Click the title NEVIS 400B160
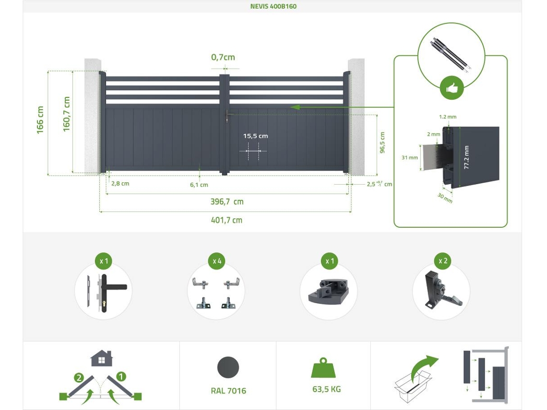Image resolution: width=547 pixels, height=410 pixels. click(273, 6)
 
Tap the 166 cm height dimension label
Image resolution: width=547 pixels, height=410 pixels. click(40, 120)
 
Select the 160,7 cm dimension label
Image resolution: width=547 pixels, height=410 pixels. click(66, 114)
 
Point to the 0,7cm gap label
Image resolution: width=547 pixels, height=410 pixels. click(223, 57)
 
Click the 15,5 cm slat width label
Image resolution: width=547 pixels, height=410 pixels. click(255, 136)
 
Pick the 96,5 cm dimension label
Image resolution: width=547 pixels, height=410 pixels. click(382, 142)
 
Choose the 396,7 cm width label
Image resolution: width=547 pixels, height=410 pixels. click(227, 201)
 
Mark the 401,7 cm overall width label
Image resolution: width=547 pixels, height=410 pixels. click(226, 220)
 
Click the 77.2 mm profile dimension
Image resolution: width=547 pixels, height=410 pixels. click(466, 158)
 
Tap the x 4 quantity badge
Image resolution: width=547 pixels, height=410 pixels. click(216, 261)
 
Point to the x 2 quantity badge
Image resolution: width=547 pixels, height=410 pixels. click(443, 261)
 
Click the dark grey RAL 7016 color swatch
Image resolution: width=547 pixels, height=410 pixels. click(228, 367)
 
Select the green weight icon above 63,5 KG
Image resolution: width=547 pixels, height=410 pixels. click(323, 368)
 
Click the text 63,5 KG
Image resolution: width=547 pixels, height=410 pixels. click(327, 389)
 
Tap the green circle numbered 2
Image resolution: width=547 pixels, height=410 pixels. click(79, 378)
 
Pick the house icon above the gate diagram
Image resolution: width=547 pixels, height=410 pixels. click(102, 358)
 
